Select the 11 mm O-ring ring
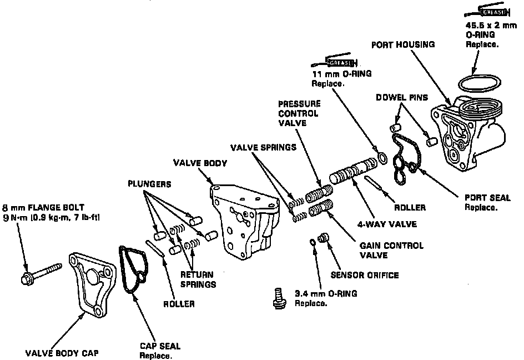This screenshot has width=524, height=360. [x=382, y=158]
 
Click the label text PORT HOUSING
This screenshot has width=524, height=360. [x=403, y=44]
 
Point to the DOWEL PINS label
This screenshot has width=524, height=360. [x=401, y=97]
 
